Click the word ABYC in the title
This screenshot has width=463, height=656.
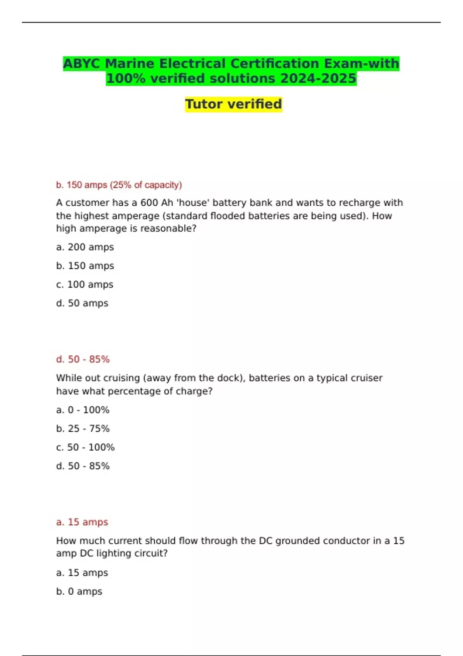81,64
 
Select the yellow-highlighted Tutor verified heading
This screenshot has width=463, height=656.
233,104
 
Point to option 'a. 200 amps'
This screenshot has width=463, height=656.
85,247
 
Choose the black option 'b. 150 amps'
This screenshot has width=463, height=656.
85,266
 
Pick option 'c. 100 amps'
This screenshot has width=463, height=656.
84,285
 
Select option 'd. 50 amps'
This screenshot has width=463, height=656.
82,303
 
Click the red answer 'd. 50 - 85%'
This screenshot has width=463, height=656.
83,360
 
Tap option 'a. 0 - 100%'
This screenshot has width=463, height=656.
83,410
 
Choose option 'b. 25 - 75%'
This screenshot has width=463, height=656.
83,429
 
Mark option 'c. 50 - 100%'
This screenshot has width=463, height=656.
85,448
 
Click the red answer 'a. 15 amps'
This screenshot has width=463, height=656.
82,522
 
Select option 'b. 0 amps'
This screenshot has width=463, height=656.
79,592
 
